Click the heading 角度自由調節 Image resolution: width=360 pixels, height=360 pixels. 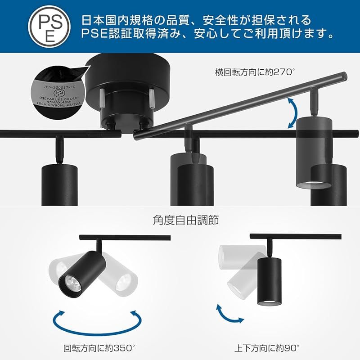click(180, 220)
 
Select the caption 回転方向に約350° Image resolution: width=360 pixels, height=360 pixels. click(99, 347)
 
